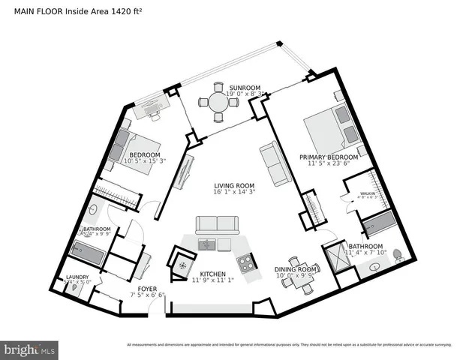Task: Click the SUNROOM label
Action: [x=245, y=88]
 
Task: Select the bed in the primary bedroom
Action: [x=331, y=128]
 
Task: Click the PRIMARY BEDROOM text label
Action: [x=328, y=157]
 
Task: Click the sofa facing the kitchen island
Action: [x=216, y=224]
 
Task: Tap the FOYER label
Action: [x=146, y=288]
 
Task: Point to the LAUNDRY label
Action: [x=77, y=277]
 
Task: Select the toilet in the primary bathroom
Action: [x=398, y=256]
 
